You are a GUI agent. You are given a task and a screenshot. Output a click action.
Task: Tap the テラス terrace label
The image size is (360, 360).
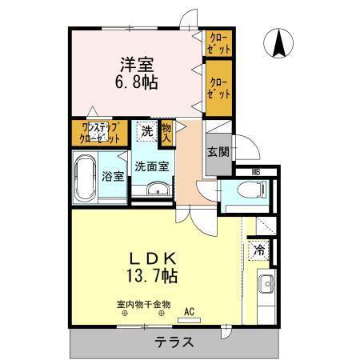click(174, 342)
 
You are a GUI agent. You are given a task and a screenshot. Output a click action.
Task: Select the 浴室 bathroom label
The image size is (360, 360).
click(113, 176)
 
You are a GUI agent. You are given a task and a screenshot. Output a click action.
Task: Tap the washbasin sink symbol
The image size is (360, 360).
click(158, 190)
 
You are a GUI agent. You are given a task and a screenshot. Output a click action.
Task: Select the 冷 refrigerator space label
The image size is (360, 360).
click(259, 250)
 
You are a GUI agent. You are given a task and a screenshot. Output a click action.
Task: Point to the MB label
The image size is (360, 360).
click(255, 171)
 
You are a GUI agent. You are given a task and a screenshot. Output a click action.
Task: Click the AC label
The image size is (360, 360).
click(190, 311)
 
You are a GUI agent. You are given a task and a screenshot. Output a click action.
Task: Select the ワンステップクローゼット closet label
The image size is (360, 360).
click(98, 132)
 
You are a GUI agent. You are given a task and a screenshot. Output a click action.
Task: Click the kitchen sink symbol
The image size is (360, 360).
click(264, 284)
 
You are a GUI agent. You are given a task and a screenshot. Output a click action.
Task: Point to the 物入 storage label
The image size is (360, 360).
click(166, 133)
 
